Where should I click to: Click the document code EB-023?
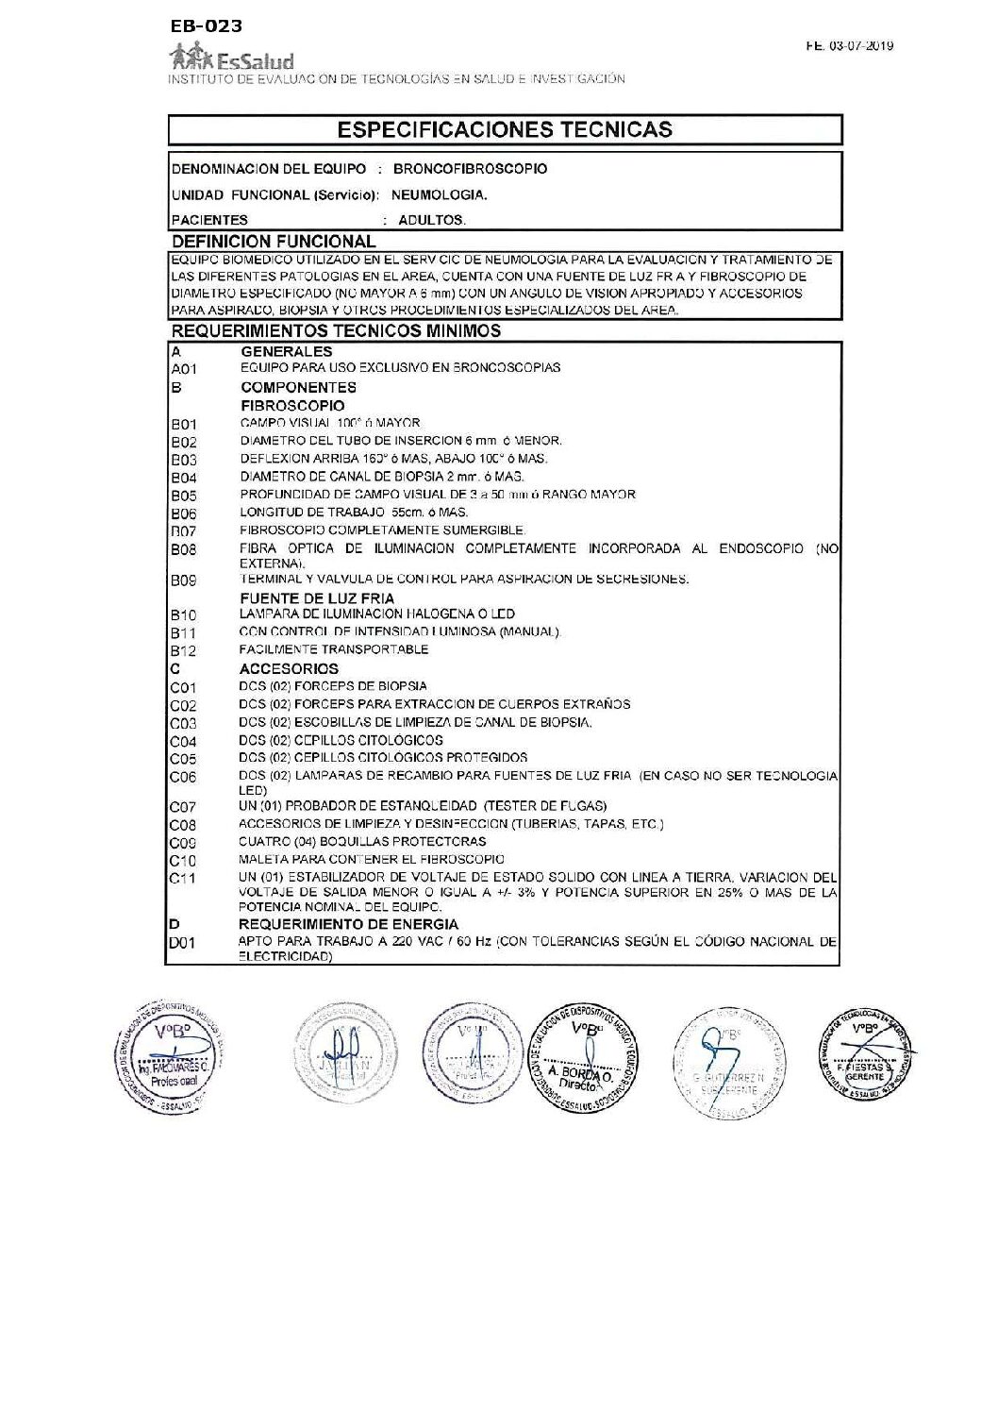[x=207, y=25]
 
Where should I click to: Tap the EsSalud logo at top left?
[x=231, y=60]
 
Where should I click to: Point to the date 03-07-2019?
[x=862, y=45]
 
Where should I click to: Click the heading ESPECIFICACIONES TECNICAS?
[x=505, y=129]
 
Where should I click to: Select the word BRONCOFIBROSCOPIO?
[x=470, y=169]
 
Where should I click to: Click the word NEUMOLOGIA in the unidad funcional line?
[x=439, y=195]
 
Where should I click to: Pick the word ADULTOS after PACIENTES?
[x=432, y=220]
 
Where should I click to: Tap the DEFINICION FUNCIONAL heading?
[x=274, y=242]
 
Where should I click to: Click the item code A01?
[x=184, y=369]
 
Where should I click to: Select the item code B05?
[x=184, y=496]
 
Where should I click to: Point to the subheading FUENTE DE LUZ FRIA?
[x=317, y=598]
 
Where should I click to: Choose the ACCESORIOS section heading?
[x=289, y=668]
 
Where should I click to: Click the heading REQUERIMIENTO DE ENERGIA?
[x=348, y=924]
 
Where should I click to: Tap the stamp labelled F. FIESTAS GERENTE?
[x=864, y=1055]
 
